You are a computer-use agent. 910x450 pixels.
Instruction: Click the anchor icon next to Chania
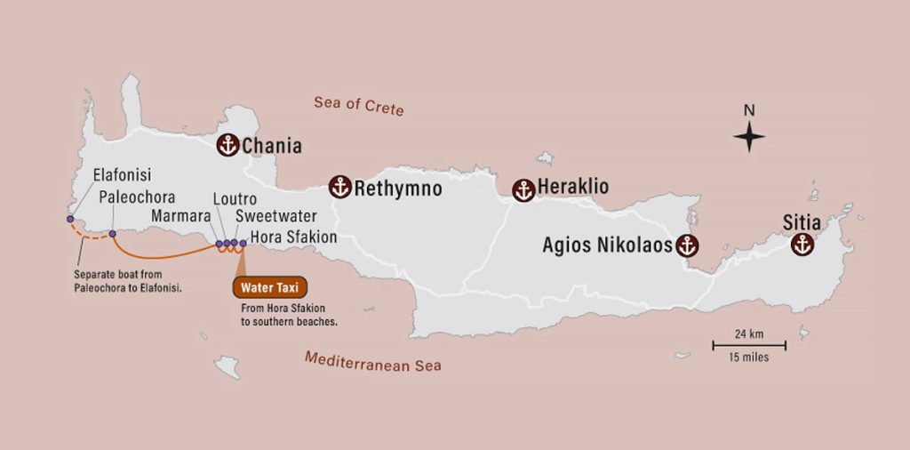228,146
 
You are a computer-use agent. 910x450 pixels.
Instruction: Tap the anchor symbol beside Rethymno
340,187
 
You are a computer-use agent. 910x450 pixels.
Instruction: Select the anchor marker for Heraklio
523,189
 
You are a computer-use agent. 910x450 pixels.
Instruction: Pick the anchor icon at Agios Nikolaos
686,245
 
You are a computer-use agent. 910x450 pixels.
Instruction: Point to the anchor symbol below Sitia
802,245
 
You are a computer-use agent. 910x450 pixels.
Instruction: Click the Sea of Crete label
358,106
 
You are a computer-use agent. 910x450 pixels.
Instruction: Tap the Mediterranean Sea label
372,361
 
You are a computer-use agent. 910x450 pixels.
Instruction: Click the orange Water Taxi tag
270,287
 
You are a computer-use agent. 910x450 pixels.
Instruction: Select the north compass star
749,137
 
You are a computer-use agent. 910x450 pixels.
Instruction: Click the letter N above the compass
749,111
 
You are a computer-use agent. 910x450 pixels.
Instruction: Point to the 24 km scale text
748,334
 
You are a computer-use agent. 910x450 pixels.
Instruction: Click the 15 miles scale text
748,358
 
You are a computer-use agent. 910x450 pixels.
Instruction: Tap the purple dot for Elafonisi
70,219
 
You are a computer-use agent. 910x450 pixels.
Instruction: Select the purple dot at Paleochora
112,234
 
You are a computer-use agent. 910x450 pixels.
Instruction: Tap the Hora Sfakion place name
293,237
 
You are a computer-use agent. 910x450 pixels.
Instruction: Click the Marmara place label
181,217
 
